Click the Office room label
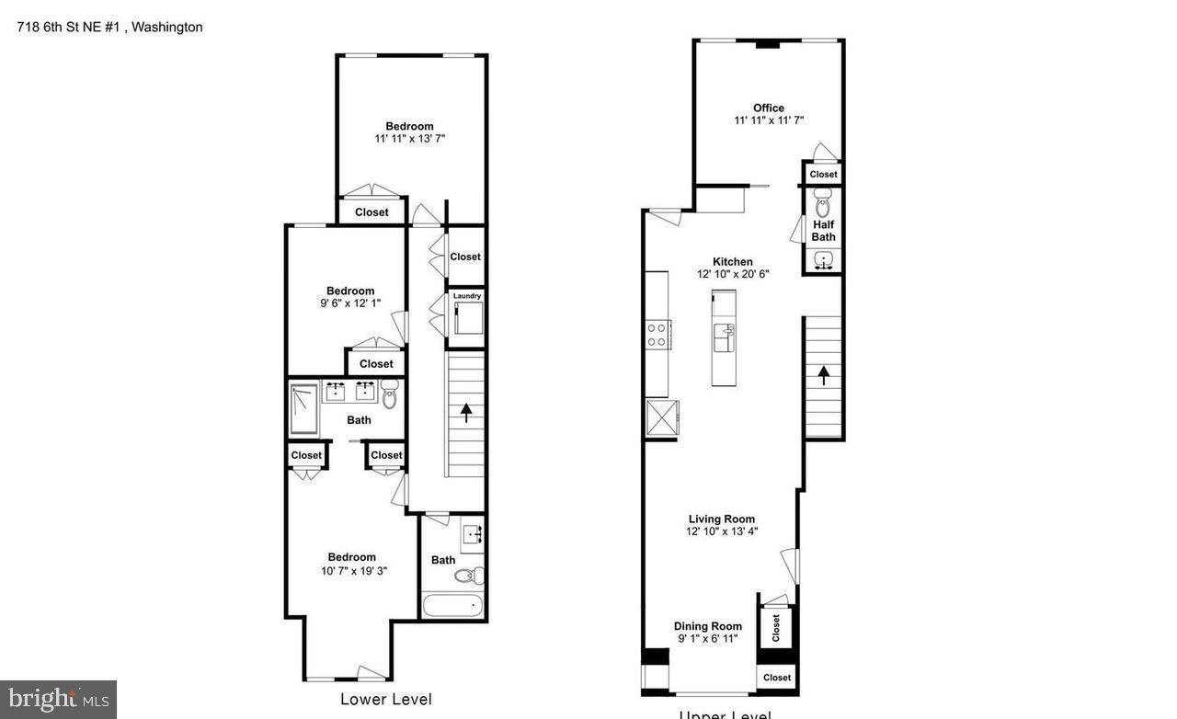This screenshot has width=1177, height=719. (768, 108)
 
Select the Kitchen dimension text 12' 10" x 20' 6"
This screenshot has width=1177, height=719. (732, 274)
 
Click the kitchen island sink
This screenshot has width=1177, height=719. (724, 335)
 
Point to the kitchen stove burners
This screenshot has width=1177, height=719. (657, 334)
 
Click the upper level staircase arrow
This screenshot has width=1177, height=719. (824, 373)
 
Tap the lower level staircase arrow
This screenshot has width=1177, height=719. (466, 412)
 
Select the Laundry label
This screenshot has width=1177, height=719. (466, 296)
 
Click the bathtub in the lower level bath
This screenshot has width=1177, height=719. (452, 607)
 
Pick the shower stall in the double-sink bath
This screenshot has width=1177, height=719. (303, 408)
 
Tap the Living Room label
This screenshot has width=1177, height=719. (721, 519)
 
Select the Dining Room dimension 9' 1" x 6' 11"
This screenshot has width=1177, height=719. (707, 639)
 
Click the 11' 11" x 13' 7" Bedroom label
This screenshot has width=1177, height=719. (409, 126)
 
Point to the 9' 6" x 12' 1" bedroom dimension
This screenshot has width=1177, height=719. (349, 303)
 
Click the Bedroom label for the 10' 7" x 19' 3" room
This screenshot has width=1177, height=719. (351, 556)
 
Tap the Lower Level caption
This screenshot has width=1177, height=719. (385, 700)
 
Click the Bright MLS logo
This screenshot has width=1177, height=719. (57, 700)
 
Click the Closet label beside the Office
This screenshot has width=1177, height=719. (823, 174)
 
